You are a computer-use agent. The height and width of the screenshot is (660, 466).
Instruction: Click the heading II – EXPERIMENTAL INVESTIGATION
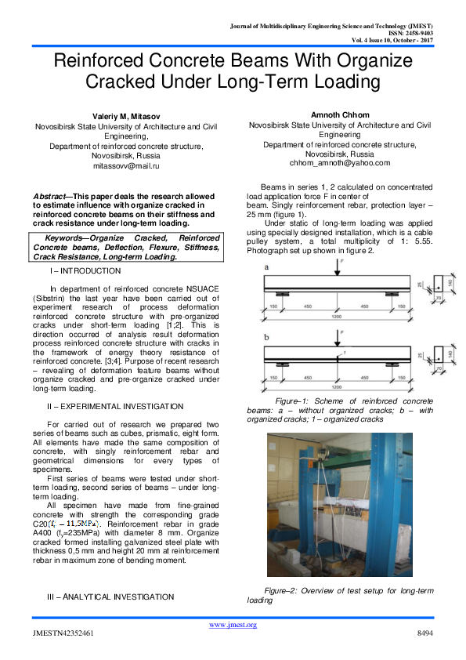click(116, 406)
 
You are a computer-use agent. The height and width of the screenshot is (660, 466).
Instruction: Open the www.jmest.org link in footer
click(233, 624)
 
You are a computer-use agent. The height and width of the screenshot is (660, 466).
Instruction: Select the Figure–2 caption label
click(284, 589)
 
